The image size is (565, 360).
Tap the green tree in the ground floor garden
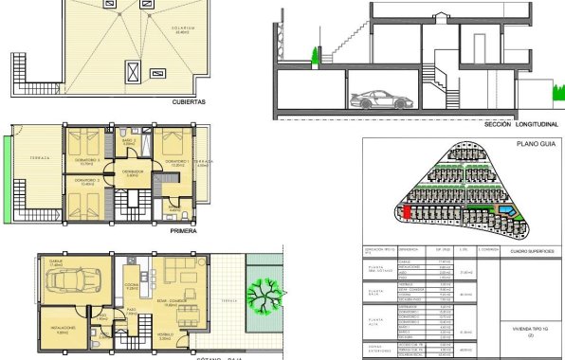pos(265,285)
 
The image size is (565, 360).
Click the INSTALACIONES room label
pos(66,332)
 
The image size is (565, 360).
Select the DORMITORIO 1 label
pos(179,163)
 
